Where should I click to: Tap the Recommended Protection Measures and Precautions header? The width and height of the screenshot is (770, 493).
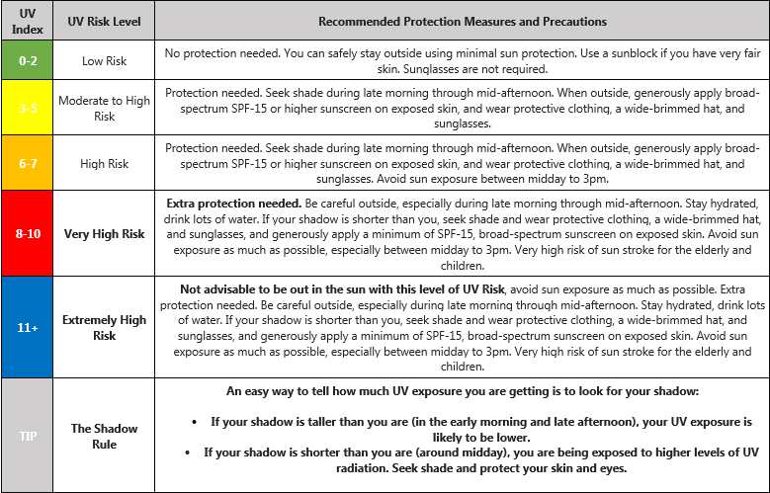coord(463,21)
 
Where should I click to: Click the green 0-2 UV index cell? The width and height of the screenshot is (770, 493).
coord(27,59)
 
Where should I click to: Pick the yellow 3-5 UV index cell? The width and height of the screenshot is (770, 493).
coord(27,108)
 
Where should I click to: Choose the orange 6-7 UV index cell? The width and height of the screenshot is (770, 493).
coord(27,163)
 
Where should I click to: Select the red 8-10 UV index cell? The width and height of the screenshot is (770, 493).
coord(27,234)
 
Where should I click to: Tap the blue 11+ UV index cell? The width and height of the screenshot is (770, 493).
coord(27,326)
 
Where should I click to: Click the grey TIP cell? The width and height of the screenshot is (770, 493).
coord(27,436)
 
